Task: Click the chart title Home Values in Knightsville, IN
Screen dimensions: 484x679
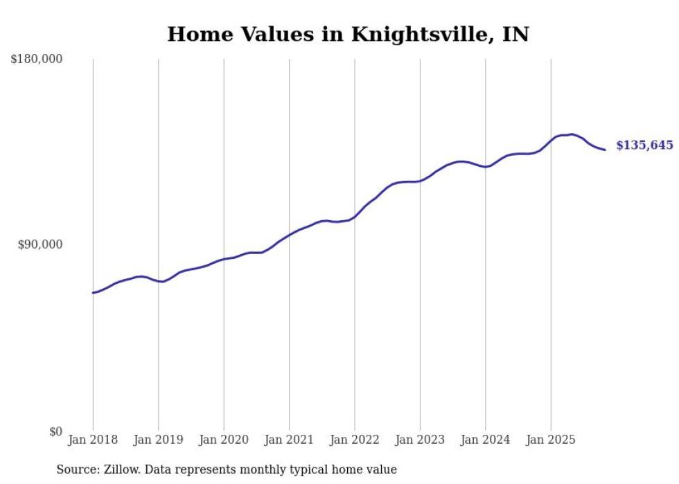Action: point(348,34)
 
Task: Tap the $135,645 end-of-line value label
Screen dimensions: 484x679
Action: point(644,145)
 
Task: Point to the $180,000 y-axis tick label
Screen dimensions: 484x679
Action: point(37,59)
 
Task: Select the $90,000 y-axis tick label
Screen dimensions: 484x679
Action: point(40,244)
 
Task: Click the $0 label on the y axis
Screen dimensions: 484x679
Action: point(56,431)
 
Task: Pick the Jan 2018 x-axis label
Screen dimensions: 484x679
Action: point(93,440)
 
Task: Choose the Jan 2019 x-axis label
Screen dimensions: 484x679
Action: point(158,440)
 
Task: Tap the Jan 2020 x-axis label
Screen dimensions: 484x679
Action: point(224,440)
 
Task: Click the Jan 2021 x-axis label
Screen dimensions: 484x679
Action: point(289,440)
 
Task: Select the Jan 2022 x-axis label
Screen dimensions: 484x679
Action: point(355,440)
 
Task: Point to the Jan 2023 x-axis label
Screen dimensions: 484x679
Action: point(420,440)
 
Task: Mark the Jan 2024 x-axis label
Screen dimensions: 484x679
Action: point(486,440)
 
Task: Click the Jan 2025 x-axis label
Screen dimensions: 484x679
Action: point(551,440)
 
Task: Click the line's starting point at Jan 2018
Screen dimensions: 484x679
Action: point(93,293)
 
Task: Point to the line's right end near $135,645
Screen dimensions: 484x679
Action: point(605,150)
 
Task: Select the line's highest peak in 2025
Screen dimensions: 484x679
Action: point(571,134)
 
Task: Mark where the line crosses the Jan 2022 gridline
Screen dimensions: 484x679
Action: point(355,217)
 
